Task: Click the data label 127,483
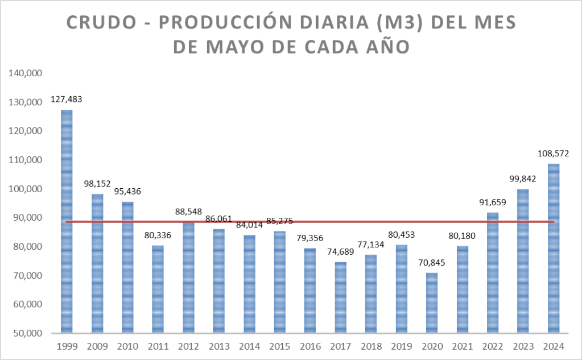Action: [x=67, y=99]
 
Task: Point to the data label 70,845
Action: [x=431, y=263]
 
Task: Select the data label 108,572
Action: [x=553, y=154]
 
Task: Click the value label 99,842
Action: [x=522, y=179]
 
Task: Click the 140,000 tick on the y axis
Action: [x=24, y=73]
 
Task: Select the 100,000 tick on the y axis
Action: [x=24, y=189]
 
